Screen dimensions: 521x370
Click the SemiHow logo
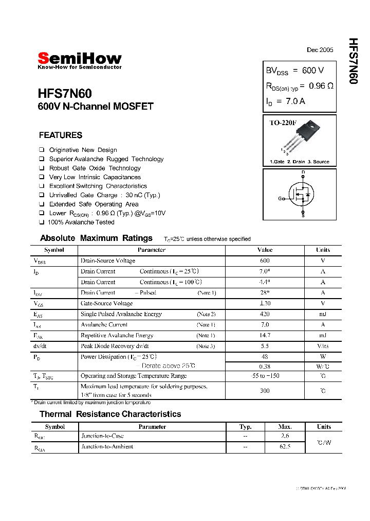[80, 59]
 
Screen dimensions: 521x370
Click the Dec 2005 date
[320, 50]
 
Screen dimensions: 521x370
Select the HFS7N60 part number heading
[65, 94]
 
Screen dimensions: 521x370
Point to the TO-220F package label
[283, 123]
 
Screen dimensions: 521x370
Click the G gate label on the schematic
[280, 198]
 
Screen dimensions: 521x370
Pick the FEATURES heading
[60, 135]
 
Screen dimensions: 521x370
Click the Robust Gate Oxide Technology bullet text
[95, 168]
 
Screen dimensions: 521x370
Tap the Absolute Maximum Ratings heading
[96, 238]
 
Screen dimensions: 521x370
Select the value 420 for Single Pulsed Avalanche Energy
[265, 314]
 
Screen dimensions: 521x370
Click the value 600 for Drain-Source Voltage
[265, 261]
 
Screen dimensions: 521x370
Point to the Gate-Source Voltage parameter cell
[106, 304]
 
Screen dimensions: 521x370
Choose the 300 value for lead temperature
[265, 391]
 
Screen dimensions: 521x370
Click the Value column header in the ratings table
[265, 250]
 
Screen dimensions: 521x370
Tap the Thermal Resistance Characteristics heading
[110, 414]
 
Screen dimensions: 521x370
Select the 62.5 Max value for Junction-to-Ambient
[285, 447]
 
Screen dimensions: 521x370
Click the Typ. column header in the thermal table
[246, 427]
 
